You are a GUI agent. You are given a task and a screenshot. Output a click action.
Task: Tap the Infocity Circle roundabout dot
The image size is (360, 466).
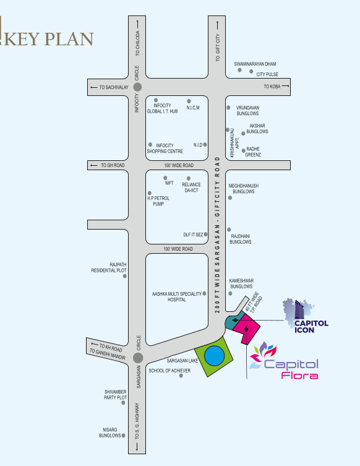tap(137, 88)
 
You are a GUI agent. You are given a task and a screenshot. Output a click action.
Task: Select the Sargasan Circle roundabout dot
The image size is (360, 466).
tap(138, 357)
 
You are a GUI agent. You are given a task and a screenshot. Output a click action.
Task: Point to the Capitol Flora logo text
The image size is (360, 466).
tap(291, 369)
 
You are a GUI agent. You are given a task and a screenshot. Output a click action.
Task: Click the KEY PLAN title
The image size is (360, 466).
tap(49, 38)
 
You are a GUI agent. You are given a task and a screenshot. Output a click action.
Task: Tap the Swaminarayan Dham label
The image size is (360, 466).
tap(255, 64)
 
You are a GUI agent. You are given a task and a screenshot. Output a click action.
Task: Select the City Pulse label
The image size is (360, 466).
tap(267, 74)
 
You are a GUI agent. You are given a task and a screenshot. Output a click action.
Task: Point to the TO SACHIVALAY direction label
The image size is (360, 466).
tap(114, 88)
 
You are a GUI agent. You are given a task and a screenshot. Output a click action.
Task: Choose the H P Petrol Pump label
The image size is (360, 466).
tap(158, 201)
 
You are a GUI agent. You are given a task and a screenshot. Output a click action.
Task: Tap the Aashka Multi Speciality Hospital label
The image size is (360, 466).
tap(177, 296)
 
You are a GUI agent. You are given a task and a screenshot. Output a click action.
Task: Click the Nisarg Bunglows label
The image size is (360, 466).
tap(110, 433)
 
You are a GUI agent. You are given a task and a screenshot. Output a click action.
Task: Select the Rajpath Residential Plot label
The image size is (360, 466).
tap(109, 267)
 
